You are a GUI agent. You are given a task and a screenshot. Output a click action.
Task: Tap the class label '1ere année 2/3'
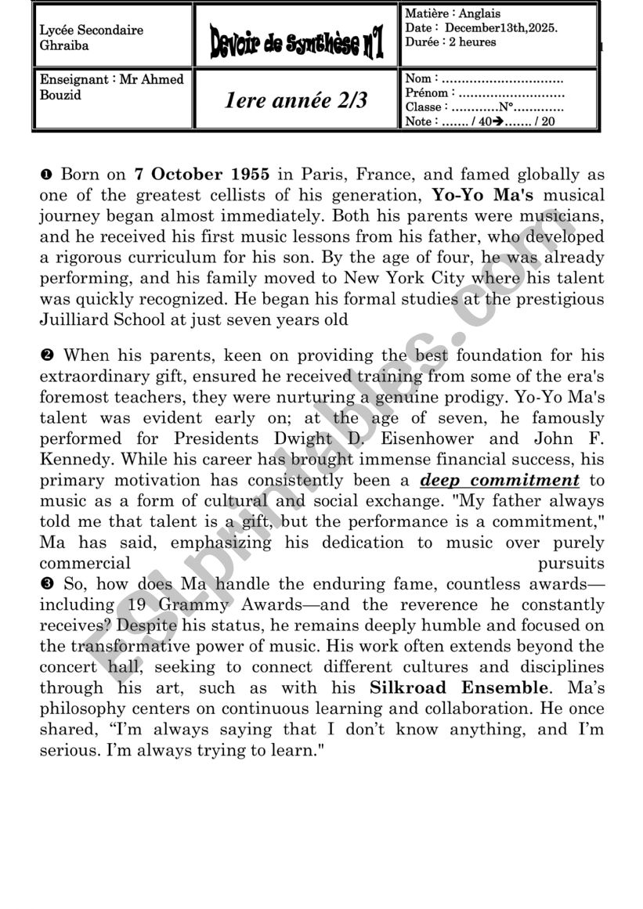pyautogui.click(x=295, y=100)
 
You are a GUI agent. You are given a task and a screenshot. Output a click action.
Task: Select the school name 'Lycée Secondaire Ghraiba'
pyautogui.click(x=91, y=38)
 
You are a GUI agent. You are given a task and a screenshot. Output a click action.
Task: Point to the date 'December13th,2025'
pyautogui.click(x=500, y=27)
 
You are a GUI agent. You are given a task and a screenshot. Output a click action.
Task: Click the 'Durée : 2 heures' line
pyautogui.click(x=450, y=41)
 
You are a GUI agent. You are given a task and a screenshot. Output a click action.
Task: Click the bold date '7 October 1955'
pyautogui.click(x=202, y=174)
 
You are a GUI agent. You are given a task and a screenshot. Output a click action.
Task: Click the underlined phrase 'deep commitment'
pyautogui.click(x=500, y=480)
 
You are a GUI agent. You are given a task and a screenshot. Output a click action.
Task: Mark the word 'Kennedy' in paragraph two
pyautogui.click(x=70, y=460)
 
